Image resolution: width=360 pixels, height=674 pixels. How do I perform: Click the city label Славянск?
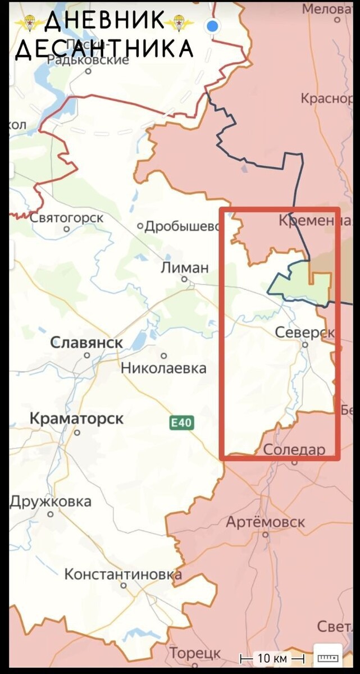[x=86, y=343]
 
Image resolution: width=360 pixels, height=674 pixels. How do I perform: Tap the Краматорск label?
[x=76, y=418]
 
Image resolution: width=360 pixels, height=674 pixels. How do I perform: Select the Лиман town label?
[x=184, y=268]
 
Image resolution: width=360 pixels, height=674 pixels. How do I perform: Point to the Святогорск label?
[x=66, y=217]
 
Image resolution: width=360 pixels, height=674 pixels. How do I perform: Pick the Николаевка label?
[x=163, y=368]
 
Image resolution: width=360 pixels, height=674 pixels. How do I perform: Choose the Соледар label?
[x=294, y=449]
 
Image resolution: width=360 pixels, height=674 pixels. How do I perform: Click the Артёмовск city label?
[x=265, y=522]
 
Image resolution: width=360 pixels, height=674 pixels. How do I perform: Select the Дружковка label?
[x=50, y=501]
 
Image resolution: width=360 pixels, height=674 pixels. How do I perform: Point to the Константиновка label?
[x=123, y=575]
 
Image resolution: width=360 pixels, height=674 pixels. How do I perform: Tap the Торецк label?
[x=195, y=653]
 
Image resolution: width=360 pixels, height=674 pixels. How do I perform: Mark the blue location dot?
[x=212, y=25]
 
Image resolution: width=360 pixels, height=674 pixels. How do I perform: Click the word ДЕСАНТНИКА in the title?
[x=104, y=49]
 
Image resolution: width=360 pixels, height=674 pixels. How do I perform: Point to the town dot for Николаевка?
[x=164, y=356]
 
